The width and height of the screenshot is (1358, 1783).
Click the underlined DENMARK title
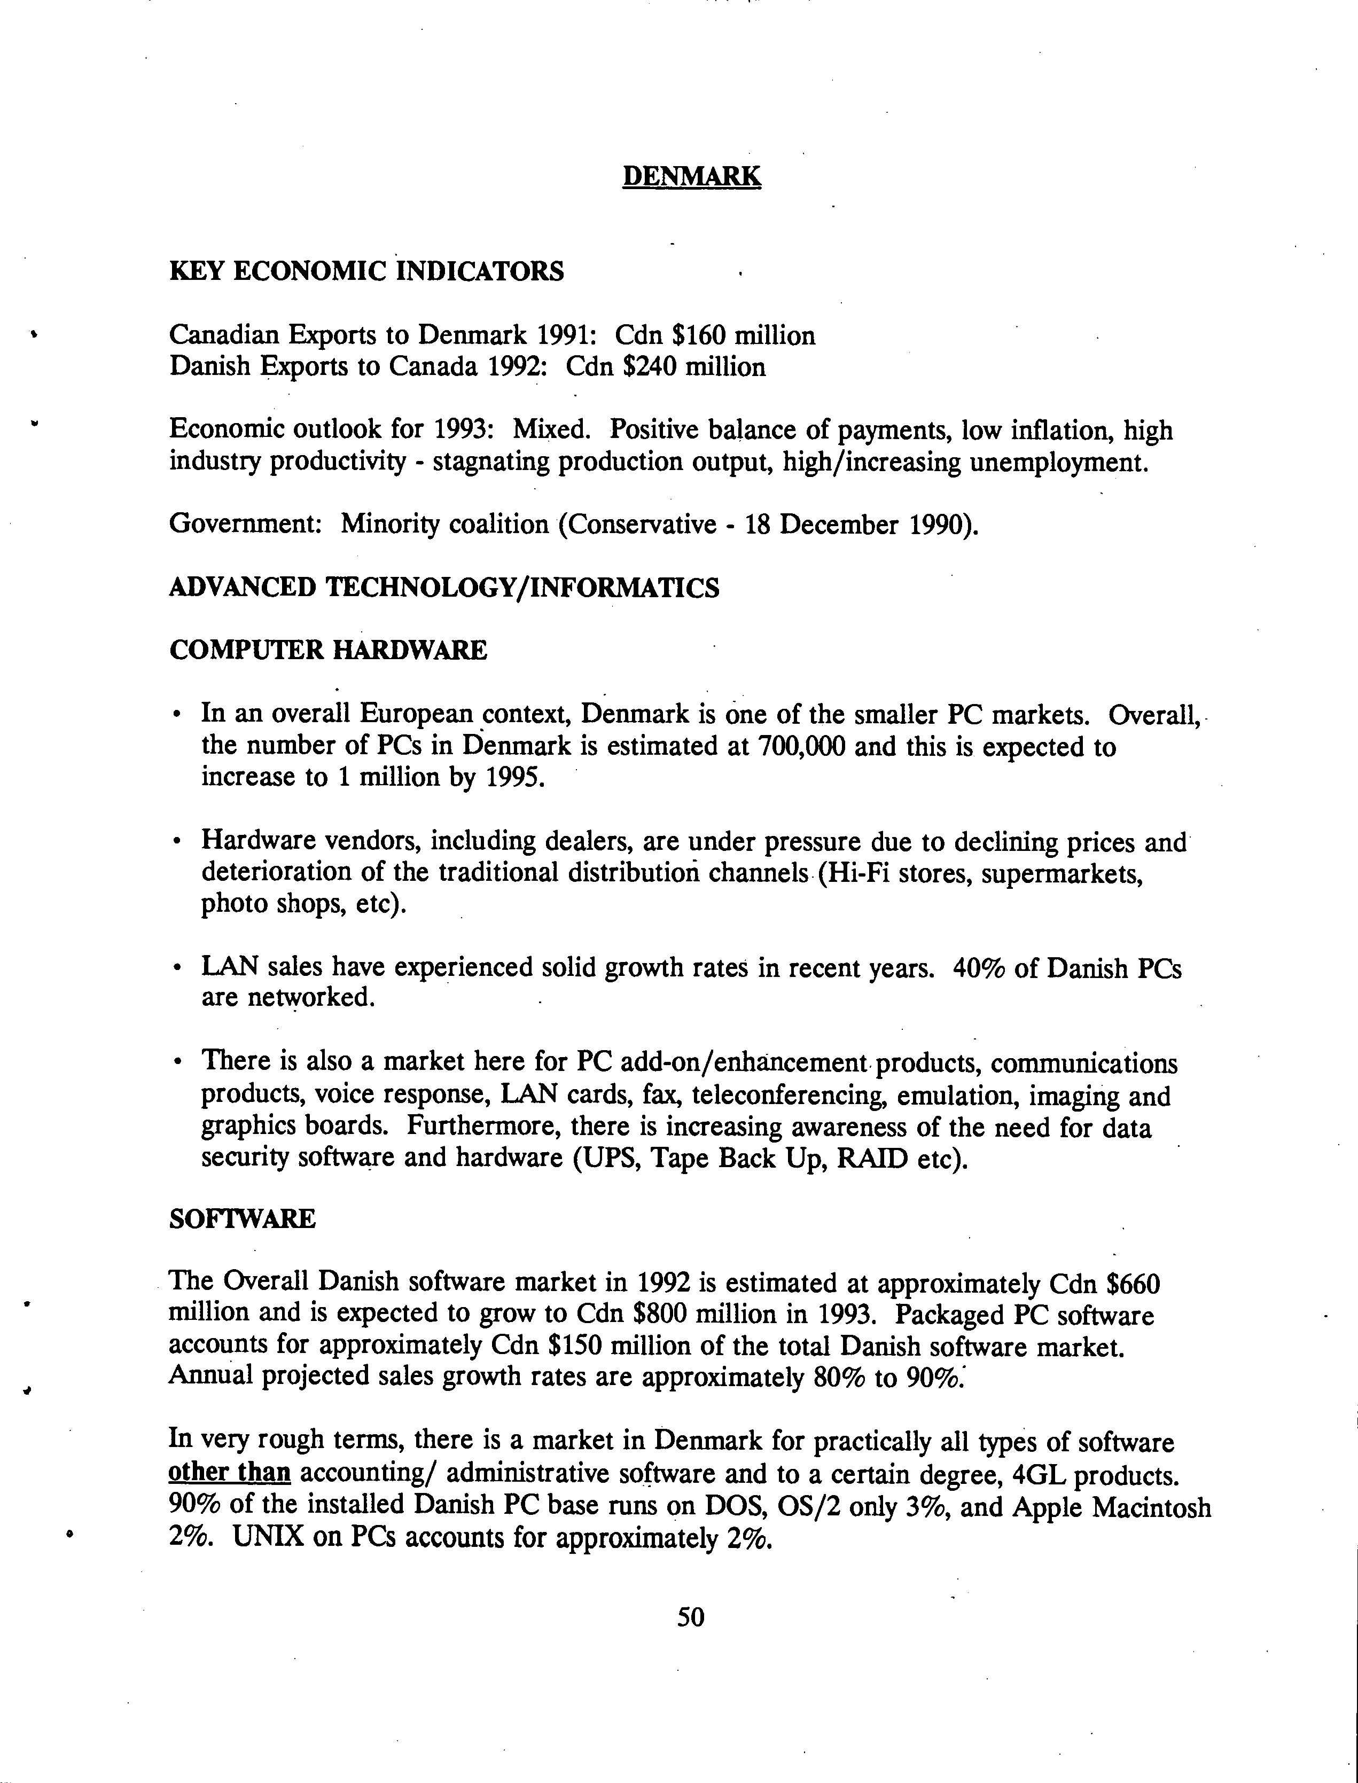pos(691,176)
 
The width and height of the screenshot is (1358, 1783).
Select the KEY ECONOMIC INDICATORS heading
pos(366,271)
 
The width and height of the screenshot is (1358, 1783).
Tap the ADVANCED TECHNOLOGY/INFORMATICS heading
pos(444,588)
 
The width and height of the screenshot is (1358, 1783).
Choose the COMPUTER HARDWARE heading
pos(328,650)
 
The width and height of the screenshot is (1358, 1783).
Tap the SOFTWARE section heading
pos(241,1219)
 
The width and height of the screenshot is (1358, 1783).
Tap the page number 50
pos(691,1616)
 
